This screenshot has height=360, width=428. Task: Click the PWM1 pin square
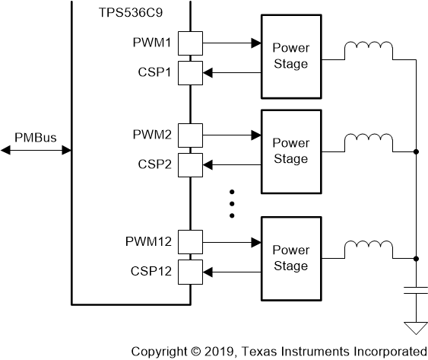point(190,43)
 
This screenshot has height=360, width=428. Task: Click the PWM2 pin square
point(190,135)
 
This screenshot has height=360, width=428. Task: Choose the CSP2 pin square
point(190,164)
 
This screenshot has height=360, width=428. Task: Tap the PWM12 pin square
point(190,243)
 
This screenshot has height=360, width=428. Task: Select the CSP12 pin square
point(190,271)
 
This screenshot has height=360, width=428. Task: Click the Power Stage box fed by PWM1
point(291,56)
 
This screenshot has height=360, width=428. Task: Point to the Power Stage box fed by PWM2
point(291,150)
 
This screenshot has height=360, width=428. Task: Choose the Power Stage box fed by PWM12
point(291,257)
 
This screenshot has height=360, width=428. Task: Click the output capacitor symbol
point(416,290)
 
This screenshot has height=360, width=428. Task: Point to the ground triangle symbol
point(416,327)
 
